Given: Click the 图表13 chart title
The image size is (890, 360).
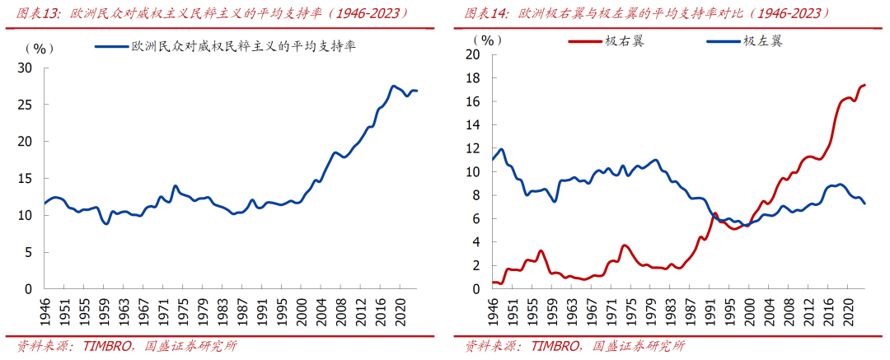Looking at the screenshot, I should tap(214, 14).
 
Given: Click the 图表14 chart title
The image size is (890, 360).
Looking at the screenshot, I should tap(646, 14).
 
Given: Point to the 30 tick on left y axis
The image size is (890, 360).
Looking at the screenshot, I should tap(26, 68).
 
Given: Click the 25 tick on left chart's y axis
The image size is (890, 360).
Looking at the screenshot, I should tap(26, 105).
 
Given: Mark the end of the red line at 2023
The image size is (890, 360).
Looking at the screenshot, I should tap(864, 85).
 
